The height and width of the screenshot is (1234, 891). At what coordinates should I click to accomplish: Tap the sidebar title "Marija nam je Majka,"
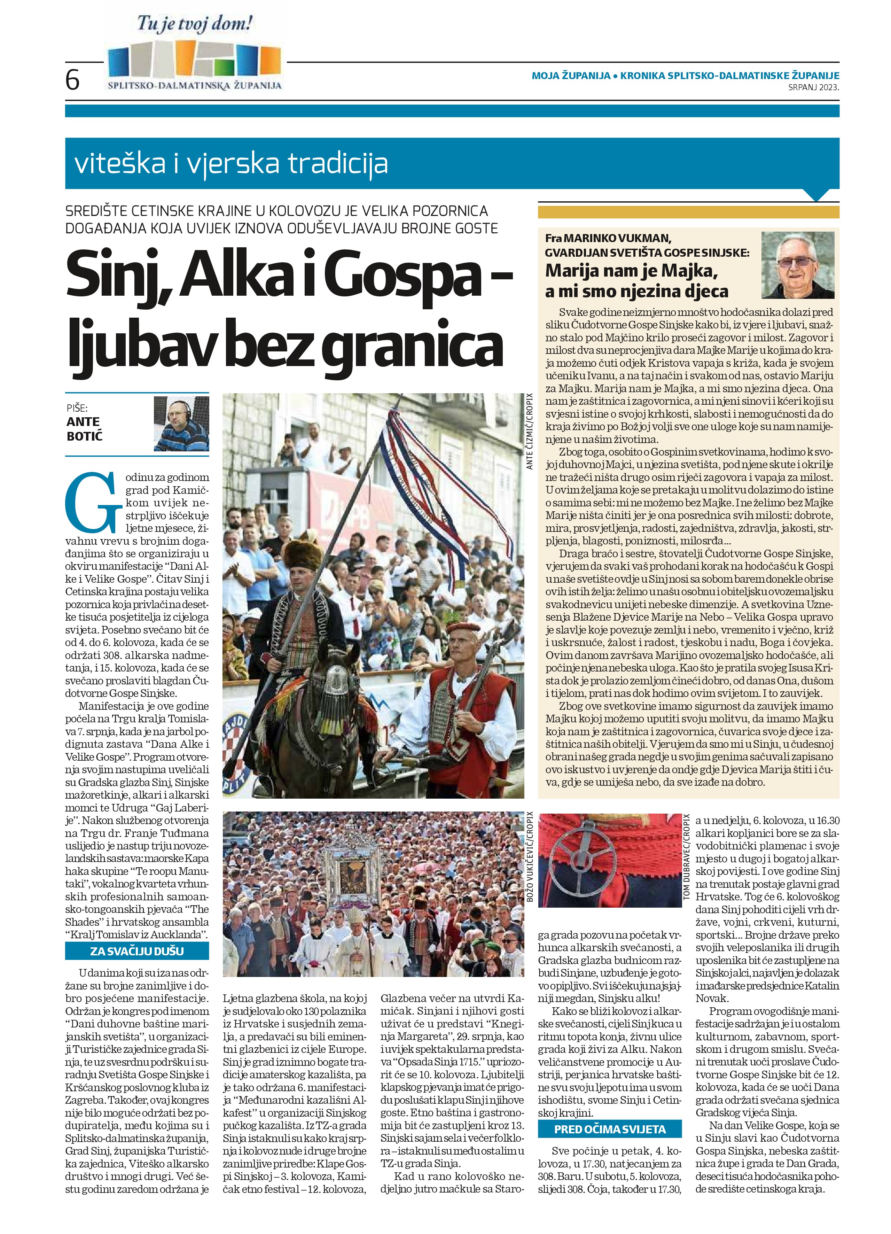pyautogui.click(x=632, y=270)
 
